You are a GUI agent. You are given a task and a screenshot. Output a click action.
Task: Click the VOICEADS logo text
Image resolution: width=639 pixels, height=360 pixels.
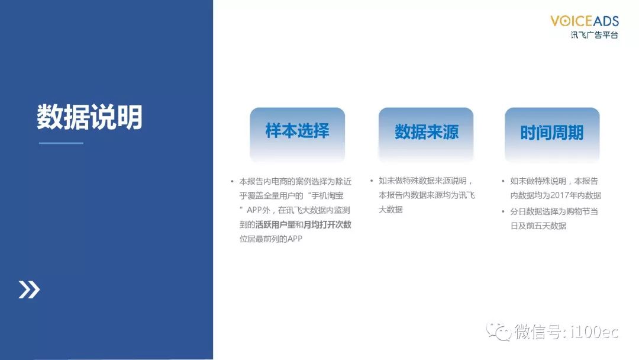click(585, 21)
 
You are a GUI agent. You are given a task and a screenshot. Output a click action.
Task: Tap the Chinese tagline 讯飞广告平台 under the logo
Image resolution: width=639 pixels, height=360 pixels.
click(594, 35)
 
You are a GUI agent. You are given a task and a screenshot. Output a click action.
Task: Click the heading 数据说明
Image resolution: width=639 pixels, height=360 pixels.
click(90, 117)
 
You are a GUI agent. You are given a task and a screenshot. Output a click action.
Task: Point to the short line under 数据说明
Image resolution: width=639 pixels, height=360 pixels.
click(61, 143)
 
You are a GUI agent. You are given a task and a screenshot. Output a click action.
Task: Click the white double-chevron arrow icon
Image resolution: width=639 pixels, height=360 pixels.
click(30, 290)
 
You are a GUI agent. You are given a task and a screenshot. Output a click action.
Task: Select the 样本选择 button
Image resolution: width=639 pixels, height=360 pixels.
click(298, 134)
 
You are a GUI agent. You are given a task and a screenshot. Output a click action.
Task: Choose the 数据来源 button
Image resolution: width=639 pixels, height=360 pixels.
click(426, 134)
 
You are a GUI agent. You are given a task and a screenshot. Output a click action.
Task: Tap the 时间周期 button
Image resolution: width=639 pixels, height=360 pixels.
click(552, 134)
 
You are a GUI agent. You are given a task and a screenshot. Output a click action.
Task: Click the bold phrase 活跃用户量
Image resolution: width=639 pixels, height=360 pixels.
click(275, 224)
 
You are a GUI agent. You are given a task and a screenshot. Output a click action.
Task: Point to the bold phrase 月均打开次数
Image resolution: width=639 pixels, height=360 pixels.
click(327, 224)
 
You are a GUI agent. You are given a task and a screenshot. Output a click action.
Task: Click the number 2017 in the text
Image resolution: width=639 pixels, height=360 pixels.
click(559, 196)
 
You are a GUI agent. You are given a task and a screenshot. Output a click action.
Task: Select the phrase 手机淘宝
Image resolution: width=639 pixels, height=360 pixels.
click(327, 196)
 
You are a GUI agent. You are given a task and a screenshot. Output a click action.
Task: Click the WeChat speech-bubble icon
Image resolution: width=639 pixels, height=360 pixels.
click(498, 331)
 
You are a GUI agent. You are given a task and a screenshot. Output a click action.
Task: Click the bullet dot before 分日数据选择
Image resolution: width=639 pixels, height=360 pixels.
click(504, 211)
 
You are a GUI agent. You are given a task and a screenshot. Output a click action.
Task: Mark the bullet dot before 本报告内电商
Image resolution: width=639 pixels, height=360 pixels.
click(233, 181)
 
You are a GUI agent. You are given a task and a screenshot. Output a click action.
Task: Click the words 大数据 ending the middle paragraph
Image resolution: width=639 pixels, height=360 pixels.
click(391, 210)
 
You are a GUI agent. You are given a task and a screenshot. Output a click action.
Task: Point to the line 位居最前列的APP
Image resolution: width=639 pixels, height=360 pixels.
click(271, 239)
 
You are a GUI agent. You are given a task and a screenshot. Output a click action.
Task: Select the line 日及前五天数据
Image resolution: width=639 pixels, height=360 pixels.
click(538, 226)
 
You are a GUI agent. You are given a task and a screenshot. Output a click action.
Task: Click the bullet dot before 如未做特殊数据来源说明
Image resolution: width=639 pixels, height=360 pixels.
click(372, 181)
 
